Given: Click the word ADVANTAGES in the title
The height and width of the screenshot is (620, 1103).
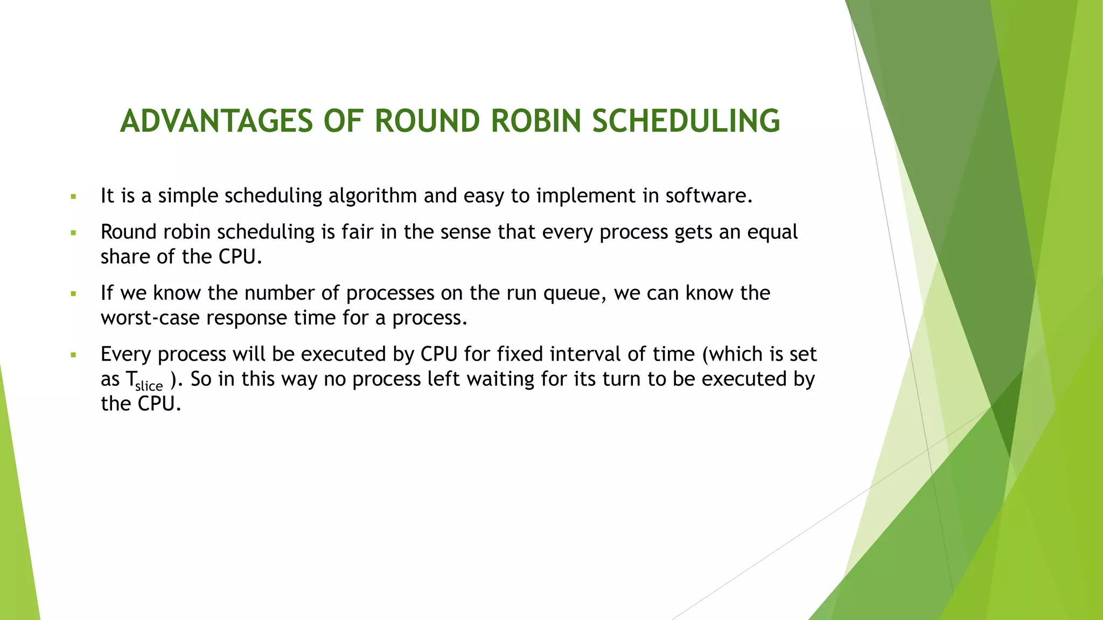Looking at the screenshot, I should click(x=216, y=121).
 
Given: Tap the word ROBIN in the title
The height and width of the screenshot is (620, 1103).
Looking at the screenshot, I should click(x=536, y=121).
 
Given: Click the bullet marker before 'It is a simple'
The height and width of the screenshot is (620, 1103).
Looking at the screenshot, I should click(x=74, y=197).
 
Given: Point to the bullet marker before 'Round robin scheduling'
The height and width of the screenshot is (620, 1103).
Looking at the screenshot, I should click(x=74, y=234).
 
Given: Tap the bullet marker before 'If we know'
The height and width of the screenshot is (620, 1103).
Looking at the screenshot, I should click(x=74, y=294).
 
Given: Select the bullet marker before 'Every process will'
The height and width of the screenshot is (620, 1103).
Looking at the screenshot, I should click(x=74, y=356).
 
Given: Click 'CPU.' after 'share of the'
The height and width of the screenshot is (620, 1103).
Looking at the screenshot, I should click(x=240, y=257).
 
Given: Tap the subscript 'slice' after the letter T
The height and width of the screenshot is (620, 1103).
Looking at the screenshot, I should click(x=149, y=386).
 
